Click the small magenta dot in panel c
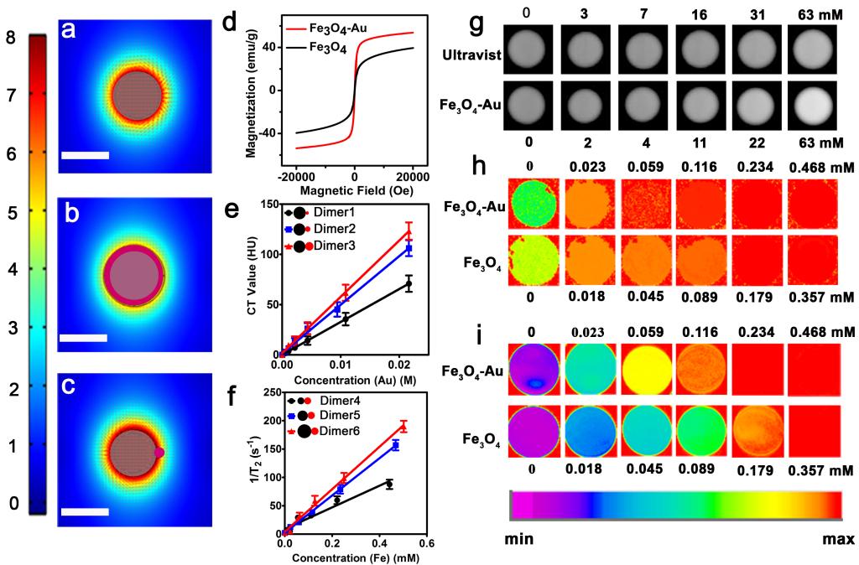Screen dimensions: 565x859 point(159,452)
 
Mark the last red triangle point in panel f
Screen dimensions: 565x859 point(403,428)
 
